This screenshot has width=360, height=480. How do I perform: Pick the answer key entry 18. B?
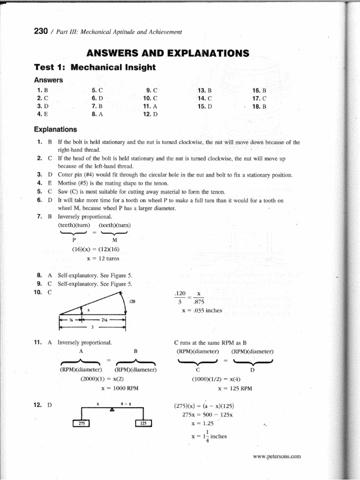[x=259, y=106]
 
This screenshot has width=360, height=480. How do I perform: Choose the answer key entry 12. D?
[x=151, y=113]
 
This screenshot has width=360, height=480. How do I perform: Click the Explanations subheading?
[x=55, y=129]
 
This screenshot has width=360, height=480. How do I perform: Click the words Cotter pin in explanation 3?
[x=72, y=175]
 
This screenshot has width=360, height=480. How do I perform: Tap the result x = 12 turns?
[x=103, y=258]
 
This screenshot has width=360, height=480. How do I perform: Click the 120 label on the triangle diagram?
[x=132, y=302]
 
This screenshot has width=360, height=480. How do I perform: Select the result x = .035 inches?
[x=202, y=310]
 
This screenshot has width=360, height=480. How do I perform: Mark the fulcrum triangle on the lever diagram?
[x=112, y=409]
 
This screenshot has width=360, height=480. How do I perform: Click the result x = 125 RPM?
[x=235, y=388]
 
